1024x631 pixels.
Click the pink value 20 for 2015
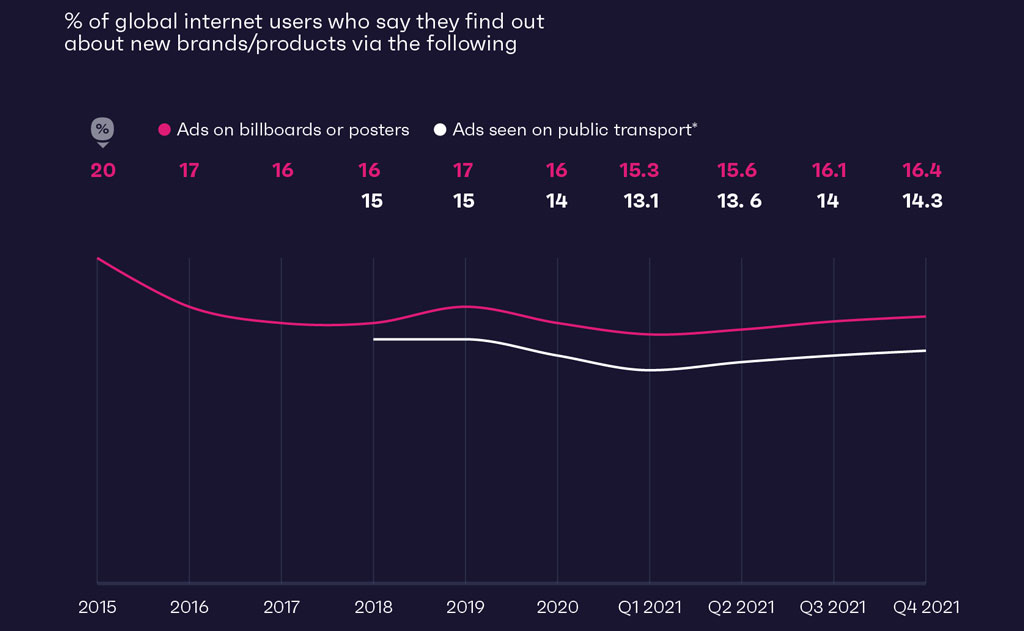click(x=103, y=170)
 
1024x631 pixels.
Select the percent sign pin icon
click(x=102, y=130)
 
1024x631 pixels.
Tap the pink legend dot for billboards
click(x=165, y=130)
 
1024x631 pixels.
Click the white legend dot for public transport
click(x=440, y=130)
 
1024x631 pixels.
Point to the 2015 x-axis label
click(x=97, y=606)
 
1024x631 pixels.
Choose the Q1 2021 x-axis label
click(x=650, y=606)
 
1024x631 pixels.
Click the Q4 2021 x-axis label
click(x=925, y=606)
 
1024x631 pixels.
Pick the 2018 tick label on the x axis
click(x=373, y=606)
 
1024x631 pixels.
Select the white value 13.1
click(x=641, y=201)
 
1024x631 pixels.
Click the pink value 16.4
click(x=922, y=170)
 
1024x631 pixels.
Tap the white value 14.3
click(x=922, y=201)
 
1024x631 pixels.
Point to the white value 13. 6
click(x=739, y=201)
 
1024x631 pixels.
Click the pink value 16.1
click(x=829, y=170)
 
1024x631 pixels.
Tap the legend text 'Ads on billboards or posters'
click(x=293, y=130)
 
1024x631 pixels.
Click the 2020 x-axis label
click(x=557, y=606)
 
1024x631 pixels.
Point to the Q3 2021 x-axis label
click(x=832, y=606)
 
